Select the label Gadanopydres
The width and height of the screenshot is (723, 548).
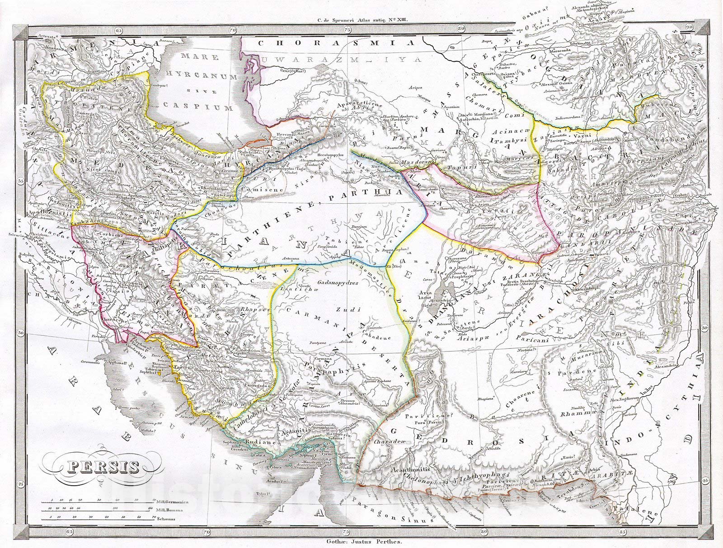[338, 283]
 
